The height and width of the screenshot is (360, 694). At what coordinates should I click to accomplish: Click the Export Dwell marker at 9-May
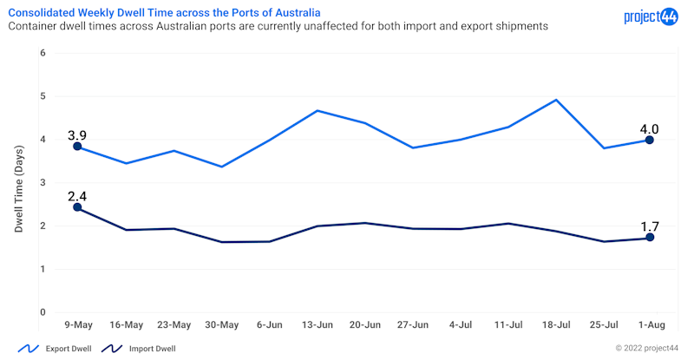click(77, 147)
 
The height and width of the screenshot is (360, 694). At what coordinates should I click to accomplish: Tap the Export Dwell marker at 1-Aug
click(649, 140)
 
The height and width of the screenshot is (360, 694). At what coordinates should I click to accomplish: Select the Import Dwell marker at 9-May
click(77, 207)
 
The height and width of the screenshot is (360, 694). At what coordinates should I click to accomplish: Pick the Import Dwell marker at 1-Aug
click(649, 238)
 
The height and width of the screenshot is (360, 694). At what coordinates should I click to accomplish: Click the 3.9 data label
click(76, 134)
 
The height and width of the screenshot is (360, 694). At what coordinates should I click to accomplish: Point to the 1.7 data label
click(649, 226)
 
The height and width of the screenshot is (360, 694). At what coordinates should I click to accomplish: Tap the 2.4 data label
click(76, 194)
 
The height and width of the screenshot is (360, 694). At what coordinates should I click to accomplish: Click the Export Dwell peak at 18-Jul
click(555, 100)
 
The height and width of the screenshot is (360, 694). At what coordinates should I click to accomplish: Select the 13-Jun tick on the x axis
click(318, 324)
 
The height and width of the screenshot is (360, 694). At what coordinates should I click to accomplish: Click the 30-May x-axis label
click(221, 324)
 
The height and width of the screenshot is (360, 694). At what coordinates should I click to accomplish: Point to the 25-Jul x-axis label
click(603, 324)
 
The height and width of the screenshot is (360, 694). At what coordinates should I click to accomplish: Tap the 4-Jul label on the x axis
click(460, 324)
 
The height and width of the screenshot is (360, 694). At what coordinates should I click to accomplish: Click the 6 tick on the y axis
click(42, 54)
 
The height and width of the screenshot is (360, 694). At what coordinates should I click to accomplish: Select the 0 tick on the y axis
click(42, 312)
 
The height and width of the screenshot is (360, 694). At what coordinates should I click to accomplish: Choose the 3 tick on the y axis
click(42, 183)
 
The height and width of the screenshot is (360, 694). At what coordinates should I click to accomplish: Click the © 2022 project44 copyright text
click(647, 349)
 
